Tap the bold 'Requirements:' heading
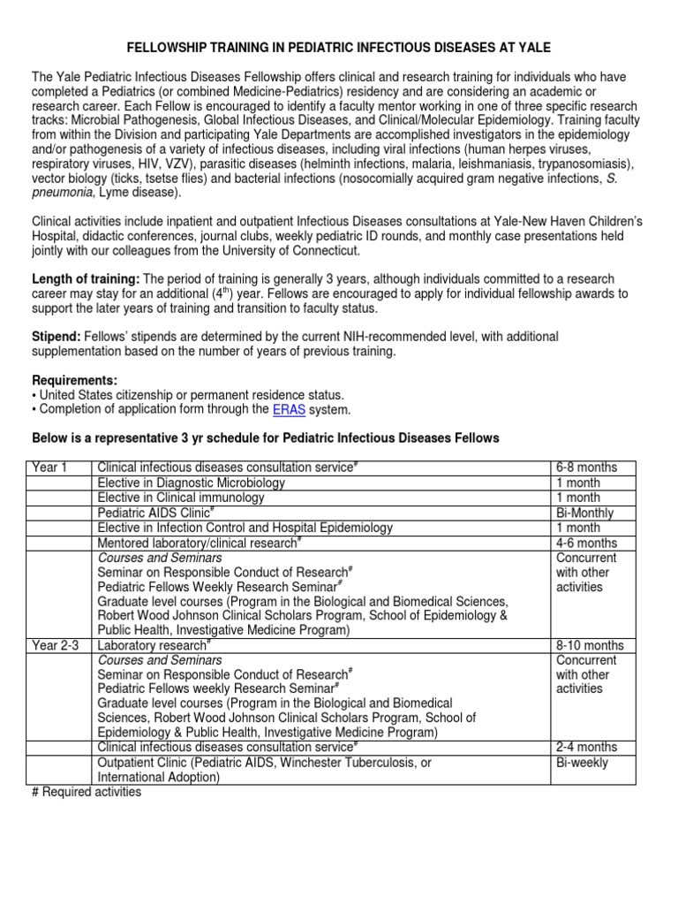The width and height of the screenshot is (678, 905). (x=73, y=380)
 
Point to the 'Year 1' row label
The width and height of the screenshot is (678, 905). (x=49, y=468)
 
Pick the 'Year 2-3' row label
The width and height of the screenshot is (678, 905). (x=56, y=645)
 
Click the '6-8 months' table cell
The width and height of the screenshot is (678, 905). (x=586, y=468)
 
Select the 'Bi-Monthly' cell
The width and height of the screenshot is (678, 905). (x=584, y=513)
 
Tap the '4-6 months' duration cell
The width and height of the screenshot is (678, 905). (x=586, y=543)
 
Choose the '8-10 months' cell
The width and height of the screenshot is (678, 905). (x=590, y=645)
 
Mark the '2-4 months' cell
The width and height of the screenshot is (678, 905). (x=586, y=748)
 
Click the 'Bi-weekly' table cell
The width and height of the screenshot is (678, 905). (x=582, y=763)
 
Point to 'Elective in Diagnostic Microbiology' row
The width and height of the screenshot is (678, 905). (x=192, y=483)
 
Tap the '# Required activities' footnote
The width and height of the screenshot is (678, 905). (x=87, y=792)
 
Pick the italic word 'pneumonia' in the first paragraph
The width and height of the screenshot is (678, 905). (x=62, y=194)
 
